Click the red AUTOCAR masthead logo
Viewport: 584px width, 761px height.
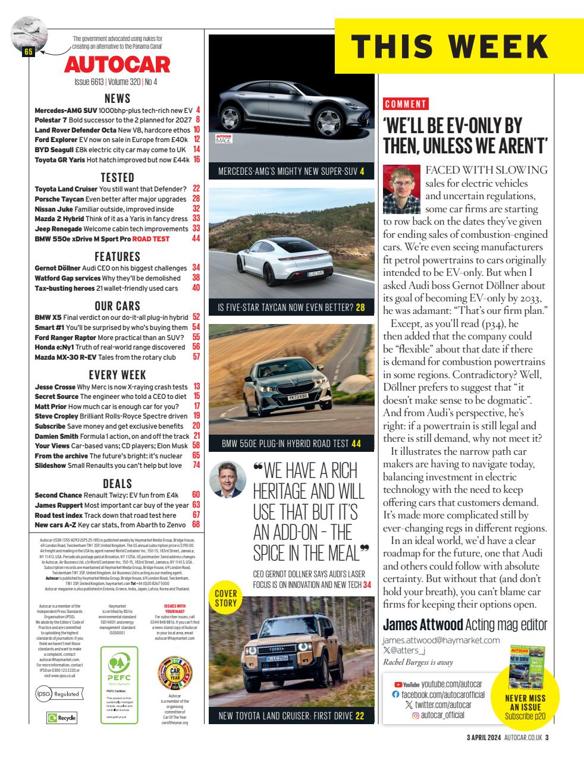click(x=117, y=64)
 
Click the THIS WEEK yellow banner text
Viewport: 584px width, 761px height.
click(x=449, y=46)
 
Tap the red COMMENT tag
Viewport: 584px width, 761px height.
click(x=406, y=104)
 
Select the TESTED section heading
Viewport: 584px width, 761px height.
click(x=117, y=177)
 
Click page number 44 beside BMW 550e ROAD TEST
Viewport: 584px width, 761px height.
click(x=196, y=238)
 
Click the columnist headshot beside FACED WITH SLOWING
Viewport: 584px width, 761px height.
click(x=402, y=190)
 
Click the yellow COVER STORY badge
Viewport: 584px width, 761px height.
click(x=226, y=599)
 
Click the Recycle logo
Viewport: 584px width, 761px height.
click(x=62, y=718)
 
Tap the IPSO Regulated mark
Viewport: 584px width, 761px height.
click(x=58, y=693)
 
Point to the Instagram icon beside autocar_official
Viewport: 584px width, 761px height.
click(x=416, y=715)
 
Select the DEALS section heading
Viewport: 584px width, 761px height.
click(x=117, y=483)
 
